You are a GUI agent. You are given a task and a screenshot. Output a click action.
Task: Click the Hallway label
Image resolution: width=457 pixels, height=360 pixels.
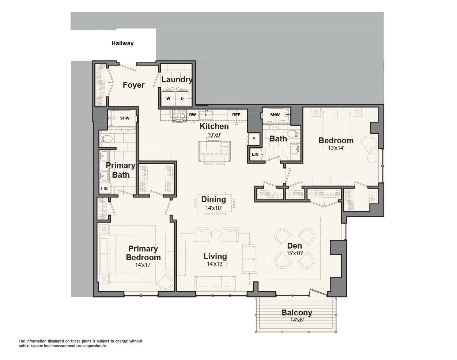[x=122, y=43]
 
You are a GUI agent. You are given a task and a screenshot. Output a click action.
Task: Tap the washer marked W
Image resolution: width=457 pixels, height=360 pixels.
[x=168, y=98]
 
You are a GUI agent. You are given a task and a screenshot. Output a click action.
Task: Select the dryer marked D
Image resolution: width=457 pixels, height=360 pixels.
[x=182, y=98]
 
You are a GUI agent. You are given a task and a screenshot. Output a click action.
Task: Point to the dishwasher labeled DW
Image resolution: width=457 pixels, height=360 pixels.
[x=192, y=115]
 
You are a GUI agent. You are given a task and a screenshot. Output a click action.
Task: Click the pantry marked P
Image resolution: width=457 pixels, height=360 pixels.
[x=254, y=139]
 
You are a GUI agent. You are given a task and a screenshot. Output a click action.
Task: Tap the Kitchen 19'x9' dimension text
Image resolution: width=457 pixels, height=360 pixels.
[x=214, y=135]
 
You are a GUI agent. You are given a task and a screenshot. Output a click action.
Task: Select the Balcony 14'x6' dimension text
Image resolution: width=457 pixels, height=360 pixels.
[x=297, y=320]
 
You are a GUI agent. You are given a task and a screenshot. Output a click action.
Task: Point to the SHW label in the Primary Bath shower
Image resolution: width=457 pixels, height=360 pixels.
[x=125, y=118]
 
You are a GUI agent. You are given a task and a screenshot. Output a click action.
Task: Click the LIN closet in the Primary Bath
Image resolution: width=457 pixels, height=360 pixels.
[x=104, y=189]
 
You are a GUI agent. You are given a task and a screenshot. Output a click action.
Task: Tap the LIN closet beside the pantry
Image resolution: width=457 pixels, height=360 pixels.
[x=255, y=154]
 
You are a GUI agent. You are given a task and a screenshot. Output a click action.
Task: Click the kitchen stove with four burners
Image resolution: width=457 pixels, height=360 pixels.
[x=179, y=115]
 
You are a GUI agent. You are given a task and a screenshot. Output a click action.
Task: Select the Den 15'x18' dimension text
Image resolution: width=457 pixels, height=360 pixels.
[x=294, y=253]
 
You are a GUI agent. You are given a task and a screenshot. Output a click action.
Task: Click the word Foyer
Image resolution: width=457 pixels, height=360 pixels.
[x=133, y=85]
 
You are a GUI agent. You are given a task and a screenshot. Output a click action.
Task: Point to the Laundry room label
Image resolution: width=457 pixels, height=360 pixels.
[x=177, y=80]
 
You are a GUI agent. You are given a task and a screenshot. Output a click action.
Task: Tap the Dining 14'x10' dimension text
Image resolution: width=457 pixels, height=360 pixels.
[x=214, y=208]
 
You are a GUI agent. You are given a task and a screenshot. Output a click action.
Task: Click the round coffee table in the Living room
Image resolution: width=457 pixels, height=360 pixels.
[x=216, y=234]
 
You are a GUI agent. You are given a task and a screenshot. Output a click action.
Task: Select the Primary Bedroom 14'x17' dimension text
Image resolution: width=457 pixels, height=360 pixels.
[x=143, y=265]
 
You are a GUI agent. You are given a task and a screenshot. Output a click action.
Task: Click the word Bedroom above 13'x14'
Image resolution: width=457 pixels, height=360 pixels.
[x=336, y=140]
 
